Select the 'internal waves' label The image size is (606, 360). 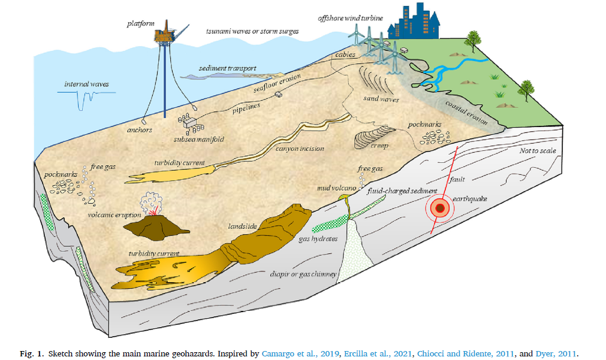87,84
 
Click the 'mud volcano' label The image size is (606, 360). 336,188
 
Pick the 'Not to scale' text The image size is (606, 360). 539,151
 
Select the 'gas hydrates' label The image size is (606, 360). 318,238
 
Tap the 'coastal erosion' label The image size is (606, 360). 467,111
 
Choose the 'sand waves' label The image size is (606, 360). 381,98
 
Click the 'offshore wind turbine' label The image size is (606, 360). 350,18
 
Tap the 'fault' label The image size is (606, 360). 457,179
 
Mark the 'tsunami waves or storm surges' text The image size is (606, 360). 252,31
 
